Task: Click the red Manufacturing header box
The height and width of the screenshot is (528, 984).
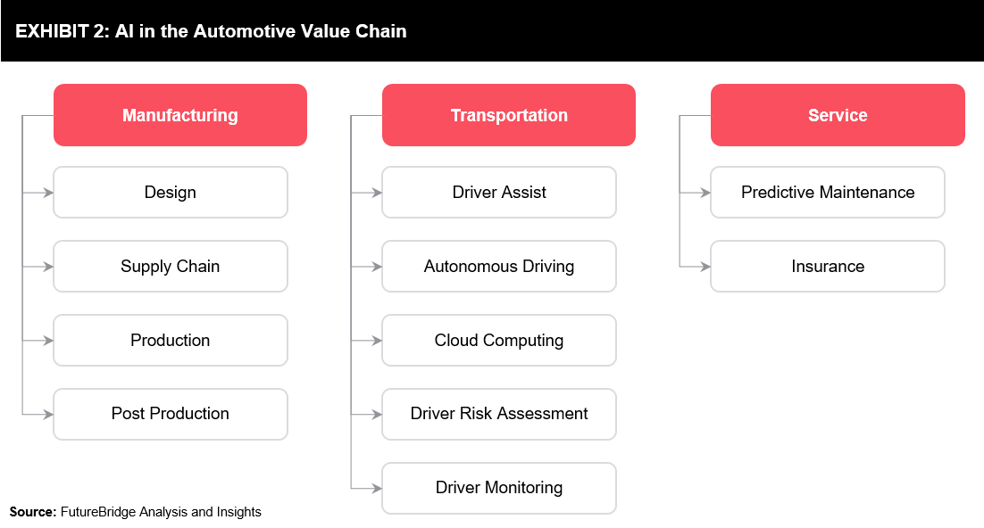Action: [x=180, y=115]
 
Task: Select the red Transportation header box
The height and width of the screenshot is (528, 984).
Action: [x=509, y=115]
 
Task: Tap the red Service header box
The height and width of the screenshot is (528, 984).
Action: [x=838, y=115]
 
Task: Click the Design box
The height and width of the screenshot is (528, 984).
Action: [x=171, y=193]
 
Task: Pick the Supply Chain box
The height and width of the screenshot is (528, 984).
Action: [x=171, y=267]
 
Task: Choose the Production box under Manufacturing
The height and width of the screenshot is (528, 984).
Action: [x=171, y=341]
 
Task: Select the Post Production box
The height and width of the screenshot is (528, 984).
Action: [x=171, y=414]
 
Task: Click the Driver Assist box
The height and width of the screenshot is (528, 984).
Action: [x=499, y=193]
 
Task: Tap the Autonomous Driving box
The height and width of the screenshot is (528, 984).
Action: [x=499, y=267]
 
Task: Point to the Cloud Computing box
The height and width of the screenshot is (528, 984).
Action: [x=499, y=341]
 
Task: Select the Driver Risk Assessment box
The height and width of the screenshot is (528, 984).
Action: [x=499, y=414]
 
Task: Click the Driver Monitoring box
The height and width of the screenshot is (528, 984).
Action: [x=499, y=488]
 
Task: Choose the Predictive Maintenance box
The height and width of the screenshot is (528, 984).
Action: [x=828, y=193]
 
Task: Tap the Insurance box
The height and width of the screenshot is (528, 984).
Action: [x=828, y=267]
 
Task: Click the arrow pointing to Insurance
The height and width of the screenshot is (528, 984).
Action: [x=696, y=267]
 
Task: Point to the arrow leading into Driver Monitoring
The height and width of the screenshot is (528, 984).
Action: [x=366, y=488]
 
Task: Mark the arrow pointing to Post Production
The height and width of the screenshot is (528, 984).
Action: [x=38, y=414]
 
